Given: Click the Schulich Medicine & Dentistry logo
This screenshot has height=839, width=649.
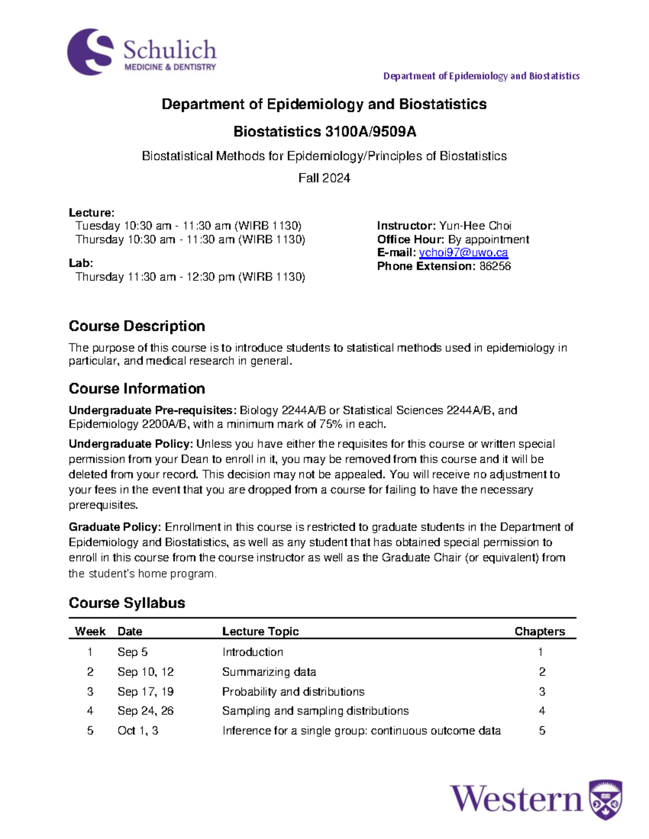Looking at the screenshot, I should coord(142,52).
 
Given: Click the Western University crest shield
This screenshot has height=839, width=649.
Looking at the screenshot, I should coord(605,800).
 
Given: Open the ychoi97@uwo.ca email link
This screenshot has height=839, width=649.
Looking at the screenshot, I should coord(463,253).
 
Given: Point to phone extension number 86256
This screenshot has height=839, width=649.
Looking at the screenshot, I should coord(495,266).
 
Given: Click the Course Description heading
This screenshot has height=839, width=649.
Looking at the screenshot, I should coord(137,326).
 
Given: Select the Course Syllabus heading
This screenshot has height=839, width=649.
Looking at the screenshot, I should coord(127,603).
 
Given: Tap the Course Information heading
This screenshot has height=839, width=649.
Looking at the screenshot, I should coord(137,389).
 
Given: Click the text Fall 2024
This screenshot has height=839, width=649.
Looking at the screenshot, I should coord(324,178).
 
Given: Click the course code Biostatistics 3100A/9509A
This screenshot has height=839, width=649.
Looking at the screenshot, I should coord(325,132).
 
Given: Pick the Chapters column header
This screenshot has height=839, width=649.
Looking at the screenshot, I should coord(539,632).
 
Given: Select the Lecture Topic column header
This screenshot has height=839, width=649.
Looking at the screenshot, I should coord(260,632).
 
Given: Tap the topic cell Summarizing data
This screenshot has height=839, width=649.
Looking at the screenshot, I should coord(269,672).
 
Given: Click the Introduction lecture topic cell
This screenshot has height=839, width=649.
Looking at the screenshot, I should coord(253,653).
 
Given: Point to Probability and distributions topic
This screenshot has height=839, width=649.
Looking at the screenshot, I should coord(293,692).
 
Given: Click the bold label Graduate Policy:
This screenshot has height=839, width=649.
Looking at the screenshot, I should coord(115,527).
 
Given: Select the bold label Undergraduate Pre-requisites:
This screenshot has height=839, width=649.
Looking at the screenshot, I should coord(153,411).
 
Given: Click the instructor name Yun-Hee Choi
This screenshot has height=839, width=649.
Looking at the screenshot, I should coord(475,226).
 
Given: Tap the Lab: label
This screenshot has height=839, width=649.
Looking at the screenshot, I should coord(81,263).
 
